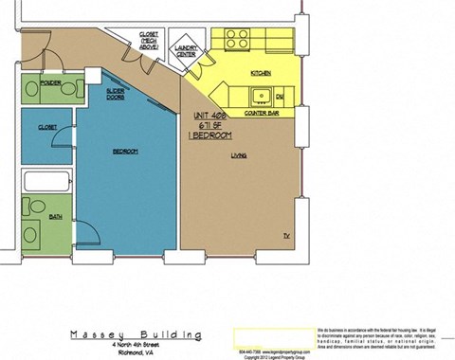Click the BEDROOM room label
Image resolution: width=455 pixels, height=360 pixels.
click(x=126, y=152)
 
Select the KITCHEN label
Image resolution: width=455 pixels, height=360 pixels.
click(x=262, y=72)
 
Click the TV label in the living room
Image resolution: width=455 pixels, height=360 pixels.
click(x=285, y=232)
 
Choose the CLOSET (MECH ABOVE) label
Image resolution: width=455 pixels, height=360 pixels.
click(x=147, y=40)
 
